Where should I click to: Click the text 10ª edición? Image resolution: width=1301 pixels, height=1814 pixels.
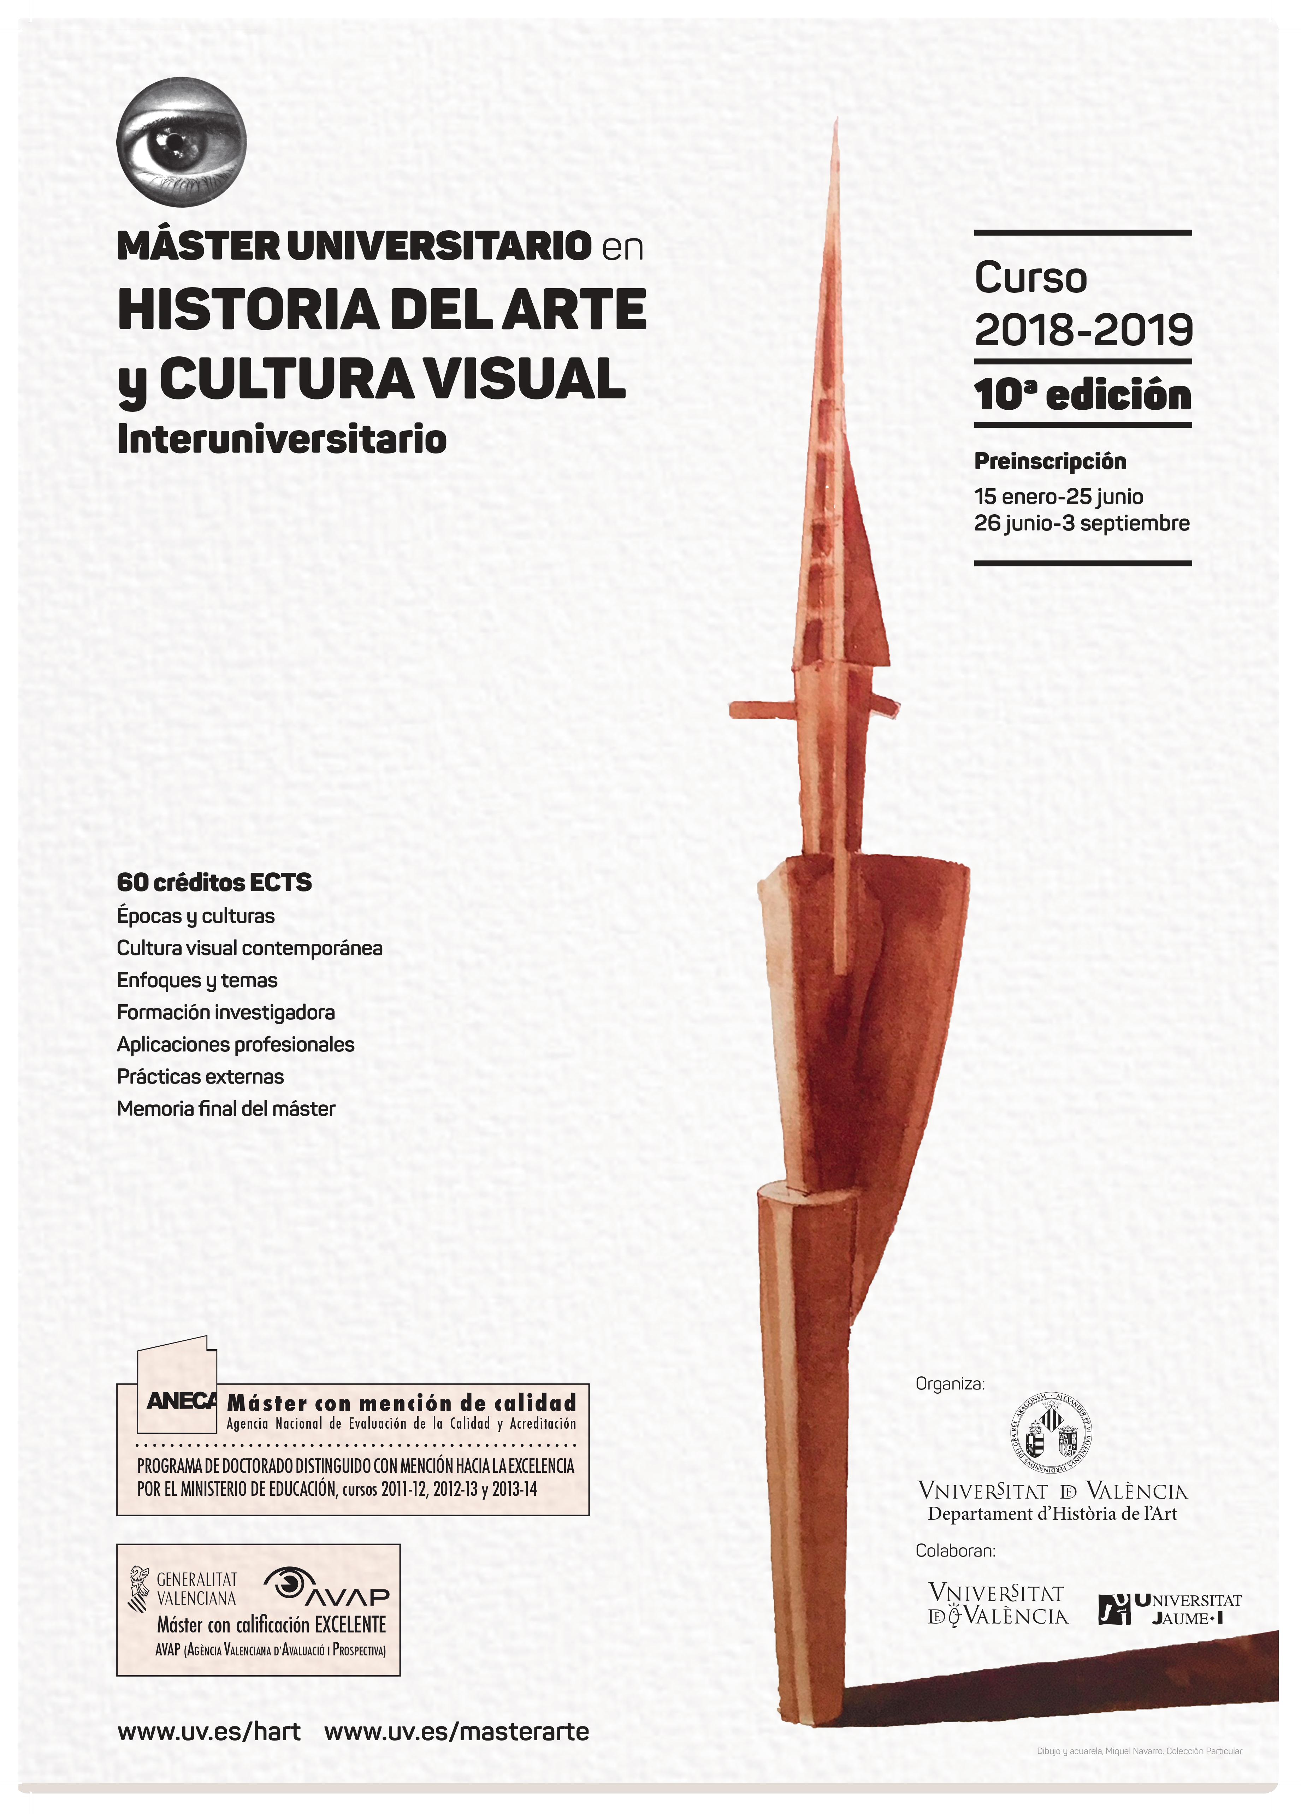tap(1083, 395)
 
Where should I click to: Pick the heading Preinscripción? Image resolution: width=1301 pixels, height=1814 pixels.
tap(1050, 462)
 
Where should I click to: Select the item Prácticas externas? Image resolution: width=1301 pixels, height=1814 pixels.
tap(200, 1077)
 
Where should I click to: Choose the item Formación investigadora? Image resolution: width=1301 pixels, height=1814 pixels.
tap(226, 1013)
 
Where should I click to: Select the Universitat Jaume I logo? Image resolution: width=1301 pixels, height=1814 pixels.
tap(1169, 1608)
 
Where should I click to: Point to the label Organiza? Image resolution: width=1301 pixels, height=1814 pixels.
tap(950, 1384)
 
